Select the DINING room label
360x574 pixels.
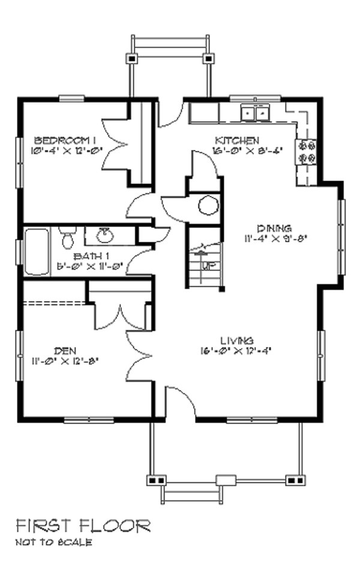click(x=274, y=228)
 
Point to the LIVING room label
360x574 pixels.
click(x=236, y=340)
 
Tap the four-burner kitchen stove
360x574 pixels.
click(x=307, y=151)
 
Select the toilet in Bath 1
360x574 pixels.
click(x=67, y=239)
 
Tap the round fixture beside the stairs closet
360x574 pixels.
click(x=208, y=205)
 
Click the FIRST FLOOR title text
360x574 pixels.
click(x=83, y=527)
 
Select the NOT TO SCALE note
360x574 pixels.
click(x=54, y=543)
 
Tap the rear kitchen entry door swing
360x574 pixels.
click(x=172, y=114)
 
